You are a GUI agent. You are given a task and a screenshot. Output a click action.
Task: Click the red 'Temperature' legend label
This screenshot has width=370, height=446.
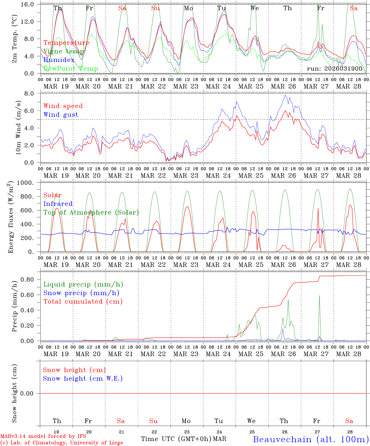[66, 43]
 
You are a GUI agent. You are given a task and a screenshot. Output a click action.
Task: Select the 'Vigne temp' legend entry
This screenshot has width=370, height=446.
[64, 51]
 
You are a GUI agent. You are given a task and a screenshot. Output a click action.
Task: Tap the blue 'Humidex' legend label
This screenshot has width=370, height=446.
[59, 60]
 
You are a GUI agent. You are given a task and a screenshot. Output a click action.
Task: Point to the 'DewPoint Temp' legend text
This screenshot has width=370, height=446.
[71, 69]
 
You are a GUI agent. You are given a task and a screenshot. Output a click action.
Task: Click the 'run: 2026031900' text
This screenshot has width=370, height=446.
[334, 68]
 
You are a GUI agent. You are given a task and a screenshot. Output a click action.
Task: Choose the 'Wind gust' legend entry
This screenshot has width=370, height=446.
[61, 115]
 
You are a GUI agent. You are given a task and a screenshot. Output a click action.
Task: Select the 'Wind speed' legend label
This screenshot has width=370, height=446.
[63, 106]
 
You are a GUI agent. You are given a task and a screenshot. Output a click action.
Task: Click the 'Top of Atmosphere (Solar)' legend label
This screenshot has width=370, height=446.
[91, 212]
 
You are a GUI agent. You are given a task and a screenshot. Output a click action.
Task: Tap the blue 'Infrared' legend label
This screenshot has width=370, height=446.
[58, 204]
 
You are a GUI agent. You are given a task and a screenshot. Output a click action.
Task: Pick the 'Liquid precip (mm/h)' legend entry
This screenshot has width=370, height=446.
[83, 284]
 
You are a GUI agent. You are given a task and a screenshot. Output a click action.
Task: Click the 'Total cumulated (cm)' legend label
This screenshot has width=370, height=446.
[83, 302]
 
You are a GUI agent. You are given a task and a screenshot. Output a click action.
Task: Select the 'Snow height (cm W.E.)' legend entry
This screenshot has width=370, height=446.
[83, 378]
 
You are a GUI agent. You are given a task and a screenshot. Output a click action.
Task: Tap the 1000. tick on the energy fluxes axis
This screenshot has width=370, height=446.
[25, 183]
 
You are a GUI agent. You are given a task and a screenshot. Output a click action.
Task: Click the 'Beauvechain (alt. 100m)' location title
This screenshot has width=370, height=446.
[311, 439]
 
